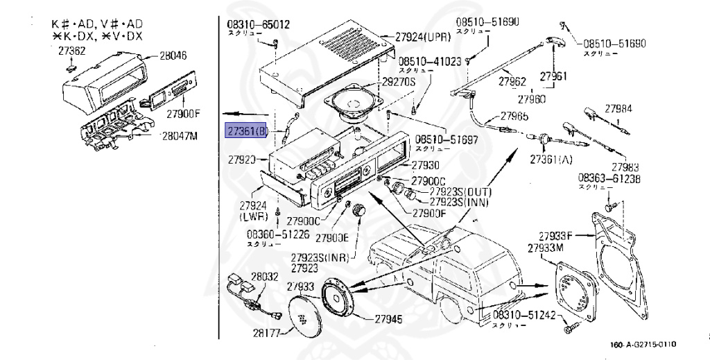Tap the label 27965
pyautogui.click(x=514, y=116)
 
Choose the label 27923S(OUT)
pyautogui.click(x=459, y=191)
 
